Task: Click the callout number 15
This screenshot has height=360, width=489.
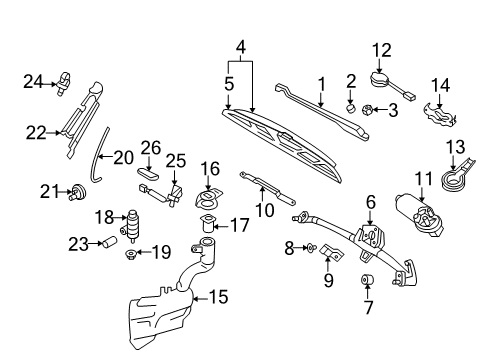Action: [219, 297]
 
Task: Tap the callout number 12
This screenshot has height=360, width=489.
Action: [382, 50]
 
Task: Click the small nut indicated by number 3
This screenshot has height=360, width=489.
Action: [366, 109]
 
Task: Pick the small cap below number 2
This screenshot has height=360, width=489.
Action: [350, 108]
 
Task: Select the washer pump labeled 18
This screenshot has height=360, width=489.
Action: [132, 225]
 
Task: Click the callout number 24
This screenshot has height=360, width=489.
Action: [33, 82]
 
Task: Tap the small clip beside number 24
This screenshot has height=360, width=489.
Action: [63, 83]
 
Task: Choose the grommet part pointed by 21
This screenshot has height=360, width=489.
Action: [78, 192]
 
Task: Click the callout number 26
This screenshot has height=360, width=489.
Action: [151, 148]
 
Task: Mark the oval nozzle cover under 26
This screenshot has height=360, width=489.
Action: [148, 173]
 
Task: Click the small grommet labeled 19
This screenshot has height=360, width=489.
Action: [131, 255]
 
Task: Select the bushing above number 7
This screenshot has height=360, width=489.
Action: [367, 279]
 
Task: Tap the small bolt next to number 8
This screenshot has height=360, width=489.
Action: [311, 248]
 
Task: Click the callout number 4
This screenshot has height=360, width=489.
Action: [241, 47]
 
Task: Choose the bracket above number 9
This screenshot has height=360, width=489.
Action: [332, 252]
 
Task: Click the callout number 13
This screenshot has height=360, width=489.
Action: [456, 147]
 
